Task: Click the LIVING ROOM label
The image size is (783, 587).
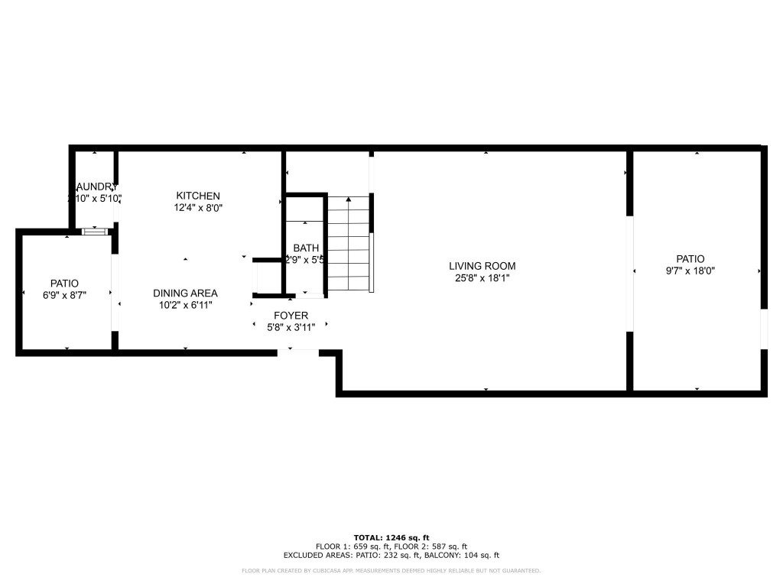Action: coord(482,266)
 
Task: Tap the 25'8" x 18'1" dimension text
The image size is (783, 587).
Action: coord(482,278)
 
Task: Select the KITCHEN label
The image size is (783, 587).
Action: coord(198,196)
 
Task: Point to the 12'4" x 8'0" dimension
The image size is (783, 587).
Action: coord(198,207)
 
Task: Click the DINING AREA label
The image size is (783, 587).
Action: coord(185,293)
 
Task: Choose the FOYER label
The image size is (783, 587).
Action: coord(291,315)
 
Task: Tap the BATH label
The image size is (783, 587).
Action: coord(305,248)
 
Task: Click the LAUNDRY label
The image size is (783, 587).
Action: coord(95,187)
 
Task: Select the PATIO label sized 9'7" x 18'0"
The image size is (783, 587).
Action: coord(690,258)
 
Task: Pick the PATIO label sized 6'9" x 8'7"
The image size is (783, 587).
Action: coord(64,283)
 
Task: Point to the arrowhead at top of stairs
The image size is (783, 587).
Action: coord(349,199)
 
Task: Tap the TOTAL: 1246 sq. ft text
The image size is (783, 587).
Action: coord(391,537)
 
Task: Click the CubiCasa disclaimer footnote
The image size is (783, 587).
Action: coord(391,570)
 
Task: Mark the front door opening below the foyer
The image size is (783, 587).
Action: coord(297,350)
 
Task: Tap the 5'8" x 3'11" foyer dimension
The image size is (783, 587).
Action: coord(291,326)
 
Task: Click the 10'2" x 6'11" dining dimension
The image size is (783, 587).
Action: coord(185,305)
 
